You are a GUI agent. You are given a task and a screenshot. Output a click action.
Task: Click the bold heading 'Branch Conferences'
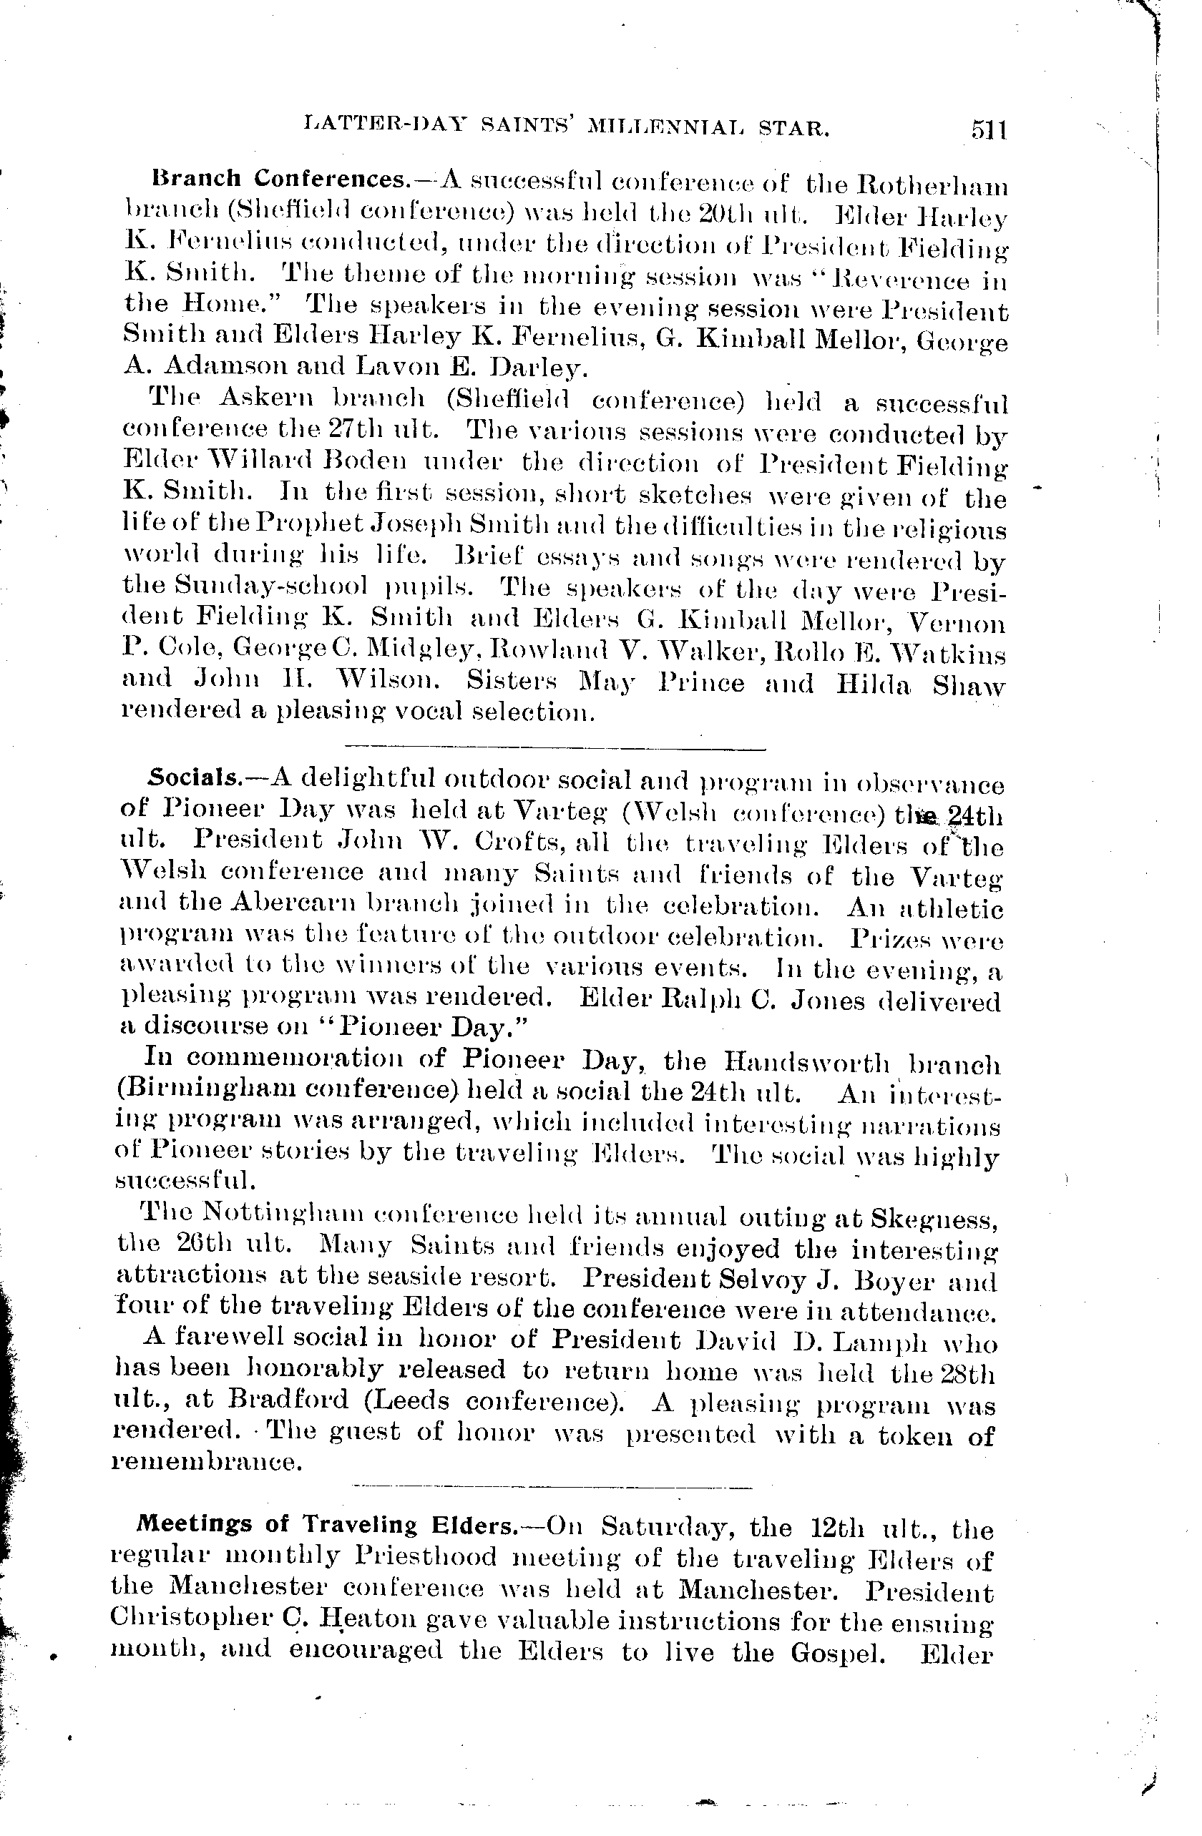point(278,179)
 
